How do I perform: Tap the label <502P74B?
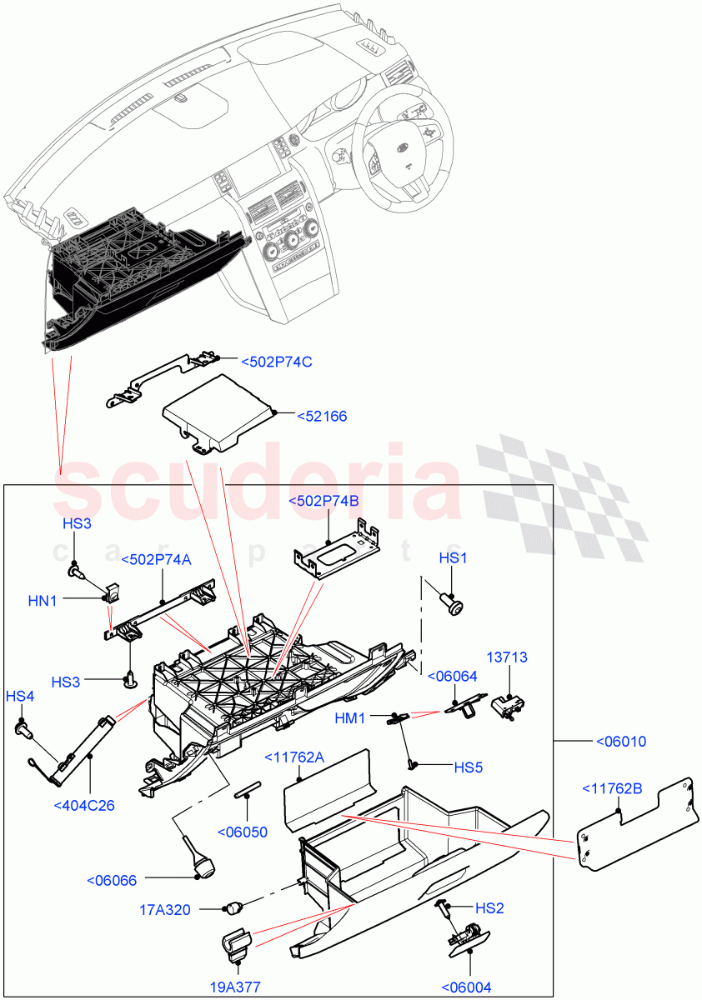[x=323, y=501]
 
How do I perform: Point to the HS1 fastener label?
[x=452, y=557]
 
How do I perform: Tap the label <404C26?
[x=83, y=805]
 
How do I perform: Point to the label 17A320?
[x=164, y=910]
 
